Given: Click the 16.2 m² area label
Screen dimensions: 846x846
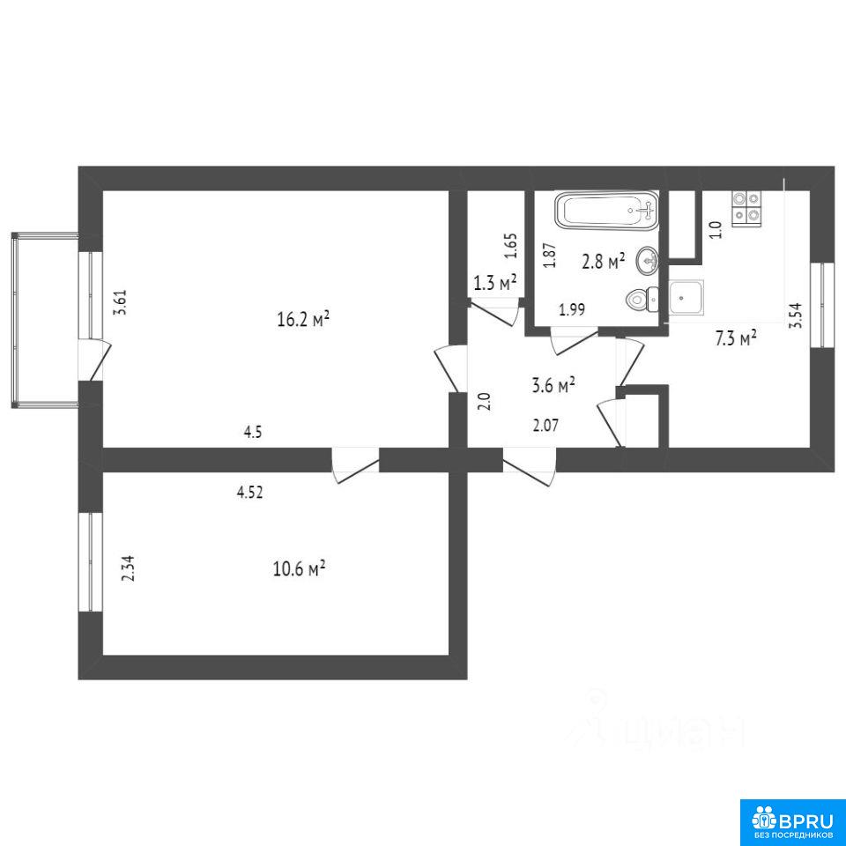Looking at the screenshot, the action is coord(302,319).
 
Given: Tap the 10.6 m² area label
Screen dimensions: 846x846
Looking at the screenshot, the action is coord(299,568).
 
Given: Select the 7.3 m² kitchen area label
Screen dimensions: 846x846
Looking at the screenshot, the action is coord(735,338).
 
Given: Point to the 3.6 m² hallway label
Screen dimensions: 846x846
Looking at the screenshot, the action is coord(553,385).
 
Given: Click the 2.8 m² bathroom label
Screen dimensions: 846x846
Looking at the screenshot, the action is coord(603,262).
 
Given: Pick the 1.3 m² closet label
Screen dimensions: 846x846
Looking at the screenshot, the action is coord(494,283).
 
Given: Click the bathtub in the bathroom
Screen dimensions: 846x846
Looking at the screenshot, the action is coord(607,210).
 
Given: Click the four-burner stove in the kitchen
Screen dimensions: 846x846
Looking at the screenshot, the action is coord(746,208).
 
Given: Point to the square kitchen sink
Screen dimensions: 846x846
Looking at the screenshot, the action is coord(686,297).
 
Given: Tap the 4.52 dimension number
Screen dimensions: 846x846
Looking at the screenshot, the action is coord(250,492).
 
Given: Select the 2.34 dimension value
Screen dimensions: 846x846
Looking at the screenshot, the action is coord(129,568).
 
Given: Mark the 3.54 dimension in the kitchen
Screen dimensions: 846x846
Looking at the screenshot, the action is coord(795,315).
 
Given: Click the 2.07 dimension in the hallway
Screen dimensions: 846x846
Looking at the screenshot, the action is coord(545,426).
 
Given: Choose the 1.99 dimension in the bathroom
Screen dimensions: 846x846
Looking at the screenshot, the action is coord(572,309).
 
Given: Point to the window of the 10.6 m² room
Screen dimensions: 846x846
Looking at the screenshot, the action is coord(90,561).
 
